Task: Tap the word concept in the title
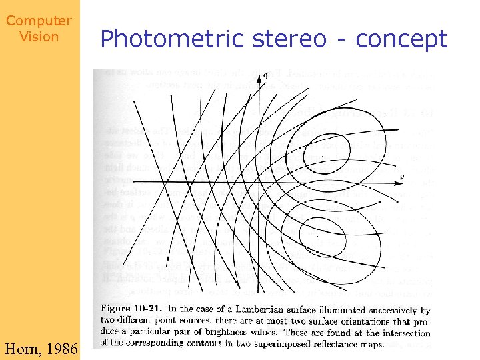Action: click(402, 39)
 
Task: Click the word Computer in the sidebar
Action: click(39, 21)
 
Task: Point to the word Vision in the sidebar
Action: click(39, 37)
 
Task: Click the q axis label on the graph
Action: click(265, 75)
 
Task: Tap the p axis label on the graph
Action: click(401, 176)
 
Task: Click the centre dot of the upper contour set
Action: click(323, 157)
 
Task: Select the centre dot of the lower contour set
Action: click(316, 236)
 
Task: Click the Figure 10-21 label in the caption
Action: click(132, 310)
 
